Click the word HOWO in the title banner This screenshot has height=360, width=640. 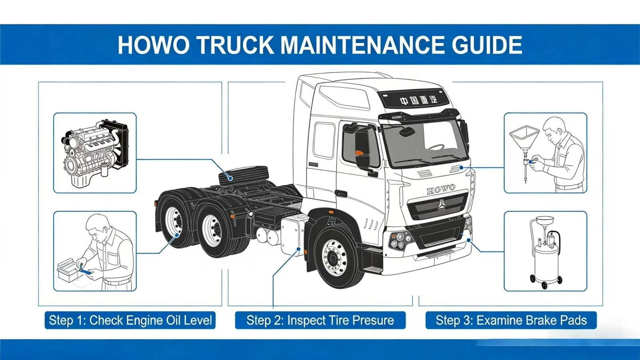click(x=154, y=45)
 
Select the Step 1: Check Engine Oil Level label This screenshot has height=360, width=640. click(x=130, y=320)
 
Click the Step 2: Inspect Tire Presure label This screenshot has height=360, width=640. click(x=320, y=320)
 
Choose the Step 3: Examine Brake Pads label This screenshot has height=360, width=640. click(x=511, y=320)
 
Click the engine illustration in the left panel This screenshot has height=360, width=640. click(x=95, y=153)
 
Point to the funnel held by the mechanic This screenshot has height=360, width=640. click(x=524, y=137)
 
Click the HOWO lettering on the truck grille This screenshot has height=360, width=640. click(x=441, y=189)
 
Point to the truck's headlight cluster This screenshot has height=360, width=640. click(x=400, y=240)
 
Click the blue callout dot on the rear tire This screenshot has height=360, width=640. click(x=177, y=235)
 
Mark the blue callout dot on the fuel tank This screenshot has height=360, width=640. click(x=298, y=249)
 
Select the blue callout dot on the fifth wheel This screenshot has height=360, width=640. click(x=230, y=178)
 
